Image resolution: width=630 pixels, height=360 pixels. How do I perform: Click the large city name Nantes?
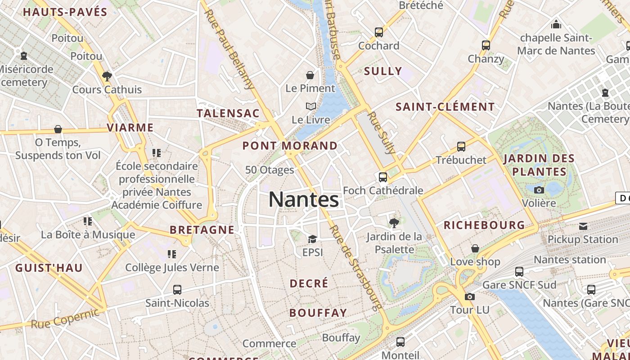point(304,200)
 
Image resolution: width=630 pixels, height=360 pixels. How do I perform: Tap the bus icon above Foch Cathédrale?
point(383,177)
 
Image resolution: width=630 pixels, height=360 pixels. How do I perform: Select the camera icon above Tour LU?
point(469,297)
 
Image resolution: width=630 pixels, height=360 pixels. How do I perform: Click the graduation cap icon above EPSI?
point(312,239)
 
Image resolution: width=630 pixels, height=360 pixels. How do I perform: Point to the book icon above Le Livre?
point(310,107)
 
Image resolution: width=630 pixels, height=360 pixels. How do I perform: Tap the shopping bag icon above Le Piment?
point(310,75)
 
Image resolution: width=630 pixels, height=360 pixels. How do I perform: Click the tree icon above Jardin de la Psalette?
point(394,223)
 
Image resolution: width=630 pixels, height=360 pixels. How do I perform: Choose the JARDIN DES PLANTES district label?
point(539,165)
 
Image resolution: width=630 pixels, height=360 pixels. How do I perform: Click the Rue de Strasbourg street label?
point(355,267)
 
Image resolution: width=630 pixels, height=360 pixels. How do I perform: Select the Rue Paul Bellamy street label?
point(229,49)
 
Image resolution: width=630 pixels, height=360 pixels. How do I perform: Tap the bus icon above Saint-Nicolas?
point(177,289)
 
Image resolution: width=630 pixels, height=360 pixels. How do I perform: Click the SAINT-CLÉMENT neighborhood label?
point(445,107)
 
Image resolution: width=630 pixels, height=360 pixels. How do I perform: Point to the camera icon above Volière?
point(539,190)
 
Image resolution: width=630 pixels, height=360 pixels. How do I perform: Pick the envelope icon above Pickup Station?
point(583,226)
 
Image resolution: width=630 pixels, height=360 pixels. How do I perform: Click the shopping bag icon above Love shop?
point(475,248)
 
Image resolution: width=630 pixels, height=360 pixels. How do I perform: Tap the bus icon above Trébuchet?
point(461,147)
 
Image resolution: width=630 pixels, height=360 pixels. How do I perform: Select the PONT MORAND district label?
point(290,146)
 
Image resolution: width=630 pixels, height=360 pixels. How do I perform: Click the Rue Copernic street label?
point(65,318)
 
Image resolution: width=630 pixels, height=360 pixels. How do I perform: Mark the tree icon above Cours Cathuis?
point(107,76)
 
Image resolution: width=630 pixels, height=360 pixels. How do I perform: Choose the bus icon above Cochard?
point(379,32)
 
